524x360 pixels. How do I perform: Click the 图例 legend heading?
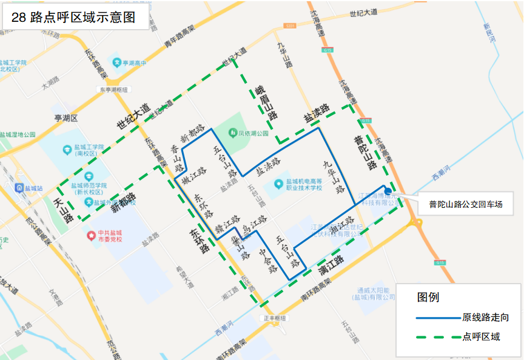[x=428, y=298]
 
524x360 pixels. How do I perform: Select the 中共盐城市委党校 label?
[x=110, y=235]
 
